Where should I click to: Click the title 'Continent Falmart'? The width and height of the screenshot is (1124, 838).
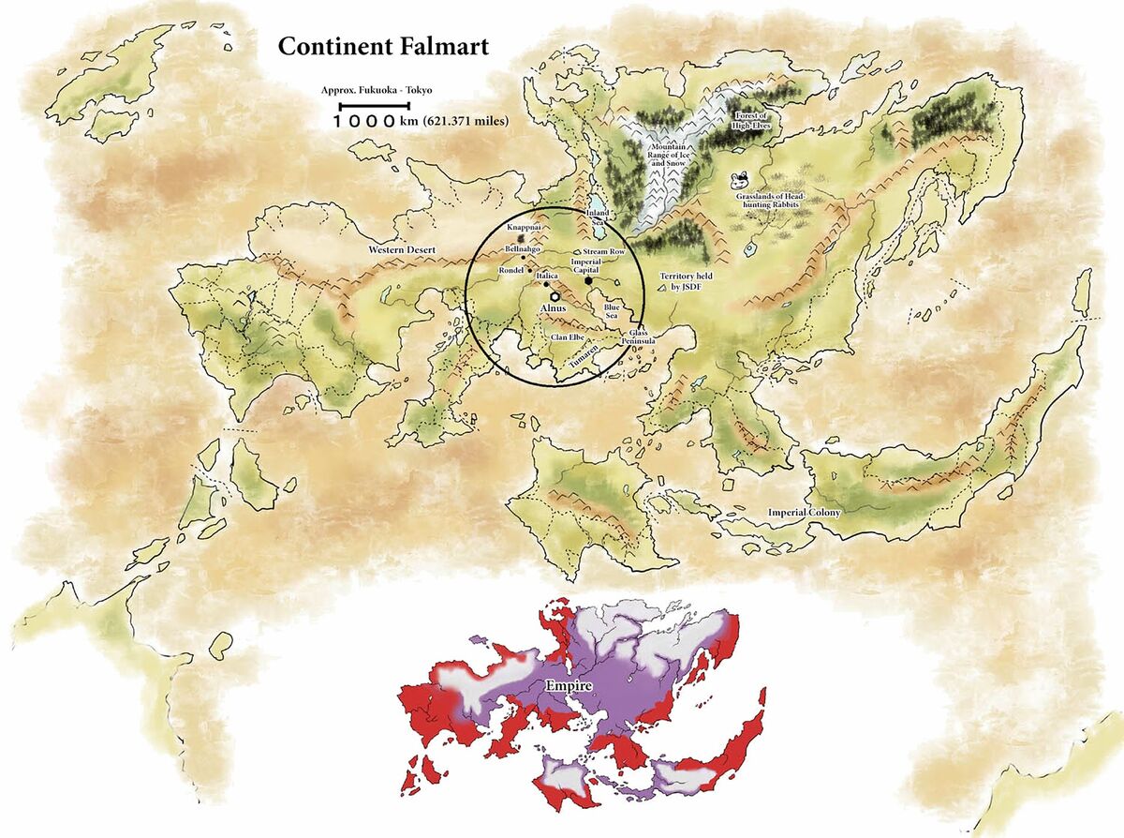(382, 46)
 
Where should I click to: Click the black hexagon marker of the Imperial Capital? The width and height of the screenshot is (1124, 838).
(587, 280)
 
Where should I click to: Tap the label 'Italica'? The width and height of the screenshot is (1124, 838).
(548, 277)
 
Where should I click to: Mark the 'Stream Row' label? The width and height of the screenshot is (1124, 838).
(603, 252)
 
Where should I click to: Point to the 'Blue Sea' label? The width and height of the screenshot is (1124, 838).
(613, 311)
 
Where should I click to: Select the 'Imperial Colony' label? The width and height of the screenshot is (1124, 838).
(804, 513)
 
